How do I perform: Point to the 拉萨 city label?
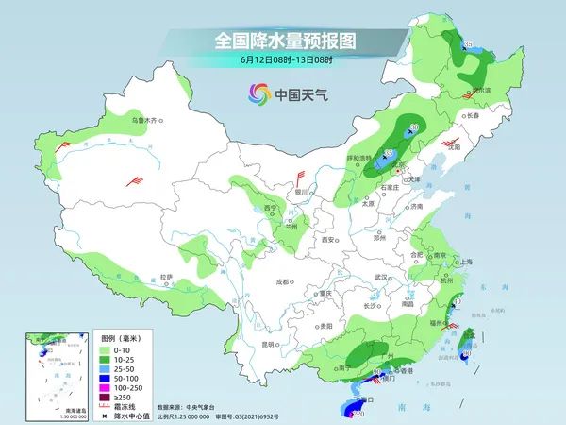tap(167, 277)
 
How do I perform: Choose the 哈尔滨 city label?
tap(480, 91)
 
